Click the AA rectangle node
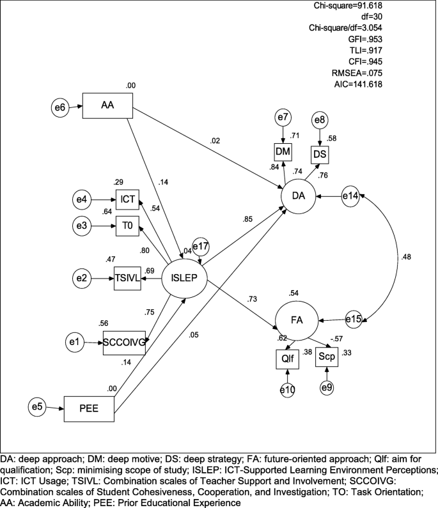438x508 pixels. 107,106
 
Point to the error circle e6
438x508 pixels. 59,106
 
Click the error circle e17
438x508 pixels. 202,247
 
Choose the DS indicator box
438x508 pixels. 320,155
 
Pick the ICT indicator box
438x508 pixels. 127,200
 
